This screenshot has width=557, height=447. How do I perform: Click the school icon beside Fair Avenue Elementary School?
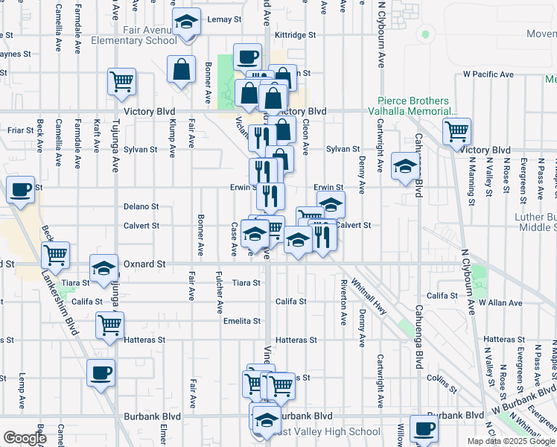click(x=186, y=22)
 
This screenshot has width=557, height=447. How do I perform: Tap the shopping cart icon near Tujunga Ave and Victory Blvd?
click(x=121, y=82)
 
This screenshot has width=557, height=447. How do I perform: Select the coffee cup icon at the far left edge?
click(x=20, y=189)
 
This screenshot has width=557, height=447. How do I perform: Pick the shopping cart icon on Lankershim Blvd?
click(x=55, y=256)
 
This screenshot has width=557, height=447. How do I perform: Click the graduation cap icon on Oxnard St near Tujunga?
click(x=104, y=267)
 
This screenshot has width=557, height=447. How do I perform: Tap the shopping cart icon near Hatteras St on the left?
click(x=109, y=325)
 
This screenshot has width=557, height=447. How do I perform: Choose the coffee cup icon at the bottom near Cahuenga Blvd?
click(x=423, y=429)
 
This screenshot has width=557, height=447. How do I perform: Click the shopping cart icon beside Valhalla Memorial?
click(x=456, y=132)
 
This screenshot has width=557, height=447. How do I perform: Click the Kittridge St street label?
click(x=295, y=35)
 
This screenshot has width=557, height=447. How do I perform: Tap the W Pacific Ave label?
click(x=488, y=74)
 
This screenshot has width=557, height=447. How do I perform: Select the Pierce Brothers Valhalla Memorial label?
click(x=413, y=107)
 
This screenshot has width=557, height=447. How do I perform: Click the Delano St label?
click(x=141, y=206)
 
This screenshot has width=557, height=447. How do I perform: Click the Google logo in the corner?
click(x=24, y=438)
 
